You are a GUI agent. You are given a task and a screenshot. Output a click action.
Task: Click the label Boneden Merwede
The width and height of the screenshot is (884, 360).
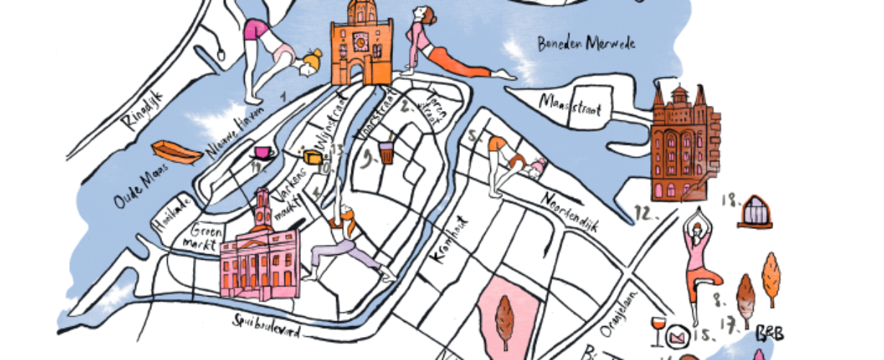click(x=586, y=45)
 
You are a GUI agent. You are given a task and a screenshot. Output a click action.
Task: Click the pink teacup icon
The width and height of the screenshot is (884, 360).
click(x=261, y=153)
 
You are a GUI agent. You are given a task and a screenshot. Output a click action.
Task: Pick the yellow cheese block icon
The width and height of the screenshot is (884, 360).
click(x=312, y=157)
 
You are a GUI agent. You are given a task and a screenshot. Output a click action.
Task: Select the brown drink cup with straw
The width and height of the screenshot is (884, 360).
click(x=387, y=153)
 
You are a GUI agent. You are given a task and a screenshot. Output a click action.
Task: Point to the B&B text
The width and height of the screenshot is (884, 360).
click(x=768, y=333)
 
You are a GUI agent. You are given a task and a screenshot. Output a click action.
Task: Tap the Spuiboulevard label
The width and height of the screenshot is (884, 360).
click(x=267, y=327)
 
